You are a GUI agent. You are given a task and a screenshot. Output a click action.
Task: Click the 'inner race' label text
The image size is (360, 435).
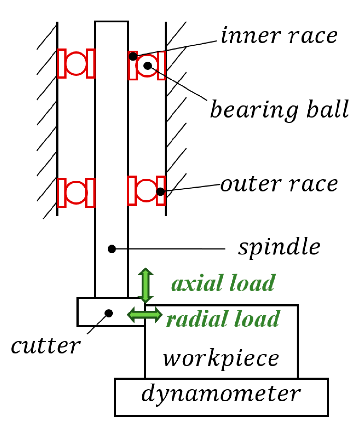(279, 36)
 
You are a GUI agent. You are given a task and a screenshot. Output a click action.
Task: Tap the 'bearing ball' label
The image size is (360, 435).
(279, 109)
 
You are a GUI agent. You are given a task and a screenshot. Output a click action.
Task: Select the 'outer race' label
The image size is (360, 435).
(279, 184)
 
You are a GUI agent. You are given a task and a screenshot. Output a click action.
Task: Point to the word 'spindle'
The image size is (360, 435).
(279, 247)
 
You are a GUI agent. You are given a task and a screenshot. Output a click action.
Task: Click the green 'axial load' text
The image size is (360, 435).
(223, 283)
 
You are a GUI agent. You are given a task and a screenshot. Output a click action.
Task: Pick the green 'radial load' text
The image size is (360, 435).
(223, 319)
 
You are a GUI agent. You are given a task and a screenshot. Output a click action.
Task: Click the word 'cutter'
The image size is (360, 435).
(45, 346)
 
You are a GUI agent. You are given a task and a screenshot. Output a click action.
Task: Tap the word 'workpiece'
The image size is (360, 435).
(221, 359)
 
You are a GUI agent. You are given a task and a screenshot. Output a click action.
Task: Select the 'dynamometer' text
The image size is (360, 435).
(221, 394)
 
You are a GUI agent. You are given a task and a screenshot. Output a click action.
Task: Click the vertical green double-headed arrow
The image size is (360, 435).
(145, 285)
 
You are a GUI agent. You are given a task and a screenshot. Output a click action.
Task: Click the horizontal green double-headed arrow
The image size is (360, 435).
(144, 315)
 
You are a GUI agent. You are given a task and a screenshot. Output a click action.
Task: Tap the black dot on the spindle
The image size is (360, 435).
(112, 249)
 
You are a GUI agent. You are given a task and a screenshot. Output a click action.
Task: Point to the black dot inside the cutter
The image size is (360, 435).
(109, 313)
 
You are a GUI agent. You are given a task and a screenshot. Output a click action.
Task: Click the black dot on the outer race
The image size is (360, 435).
(160, 192)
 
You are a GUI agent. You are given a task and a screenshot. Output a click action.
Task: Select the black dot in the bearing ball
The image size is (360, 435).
(148, 66)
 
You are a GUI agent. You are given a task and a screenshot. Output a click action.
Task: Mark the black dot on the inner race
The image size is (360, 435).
(133, 56)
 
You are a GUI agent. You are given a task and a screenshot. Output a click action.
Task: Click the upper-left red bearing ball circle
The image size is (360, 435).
(76, 64)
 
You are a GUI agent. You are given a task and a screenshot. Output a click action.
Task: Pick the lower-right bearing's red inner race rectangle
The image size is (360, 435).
(132, 191)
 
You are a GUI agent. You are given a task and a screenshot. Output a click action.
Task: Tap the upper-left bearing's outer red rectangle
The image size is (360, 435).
(61, 64)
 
